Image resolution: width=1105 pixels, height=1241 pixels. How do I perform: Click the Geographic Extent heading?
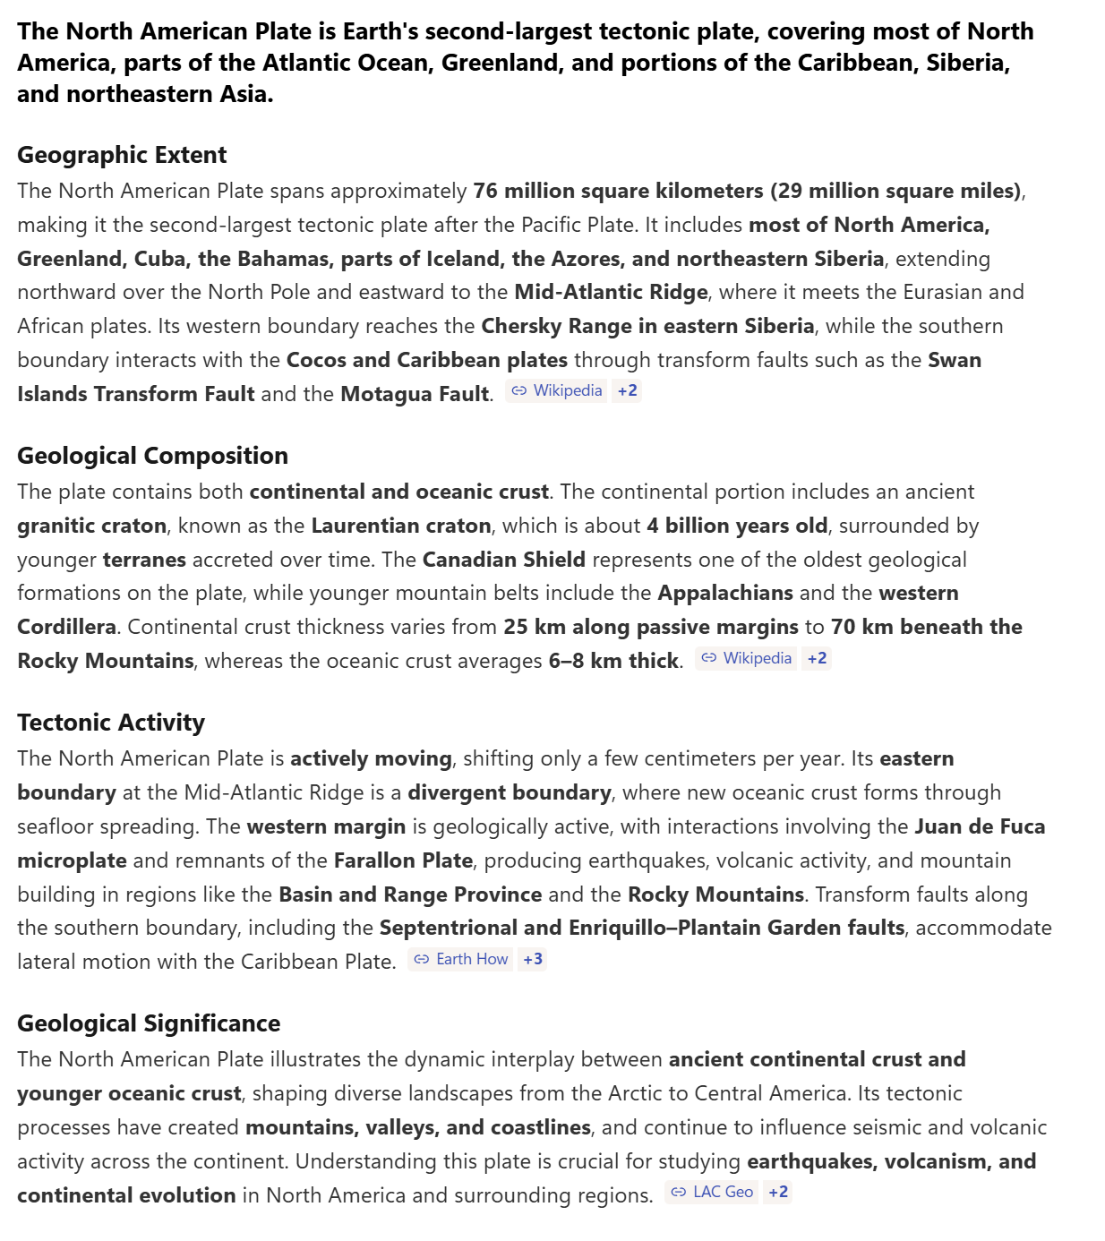tap(122, 155)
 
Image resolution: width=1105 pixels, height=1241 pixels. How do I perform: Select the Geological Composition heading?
tap(152, 456)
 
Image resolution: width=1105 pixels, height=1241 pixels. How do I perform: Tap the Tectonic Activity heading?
tap(111, 723)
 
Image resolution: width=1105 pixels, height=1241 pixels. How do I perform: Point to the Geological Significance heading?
tap(149, 1023)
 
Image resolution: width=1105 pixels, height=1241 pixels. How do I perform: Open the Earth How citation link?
tap(461, 960)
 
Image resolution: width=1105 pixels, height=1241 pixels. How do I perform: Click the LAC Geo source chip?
tap(713, 1193)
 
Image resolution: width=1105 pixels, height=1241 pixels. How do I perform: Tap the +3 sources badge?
tap(533, 960)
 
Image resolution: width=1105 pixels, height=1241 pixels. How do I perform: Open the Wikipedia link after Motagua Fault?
tap(557, 391)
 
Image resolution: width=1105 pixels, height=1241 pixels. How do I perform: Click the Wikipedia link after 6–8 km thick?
tap(747, 659)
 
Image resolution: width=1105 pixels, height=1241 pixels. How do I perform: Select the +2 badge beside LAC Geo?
tap(778, 1193)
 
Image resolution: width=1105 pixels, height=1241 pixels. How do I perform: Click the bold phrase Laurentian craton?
tap(401, 526)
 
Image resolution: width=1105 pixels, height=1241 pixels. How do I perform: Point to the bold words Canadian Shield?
tap(503, 560)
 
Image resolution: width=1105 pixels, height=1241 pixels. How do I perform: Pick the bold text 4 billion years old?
tap(737, 526)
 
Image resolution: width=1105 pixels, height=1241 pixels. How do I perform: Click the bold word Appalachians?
tap(725, 593)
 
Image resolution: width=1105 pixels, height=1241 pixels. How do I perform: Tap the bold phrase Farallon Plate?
tap(403, 860)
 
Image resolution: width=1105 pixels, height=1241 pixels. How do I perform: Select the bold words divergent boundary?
tap(509, 792)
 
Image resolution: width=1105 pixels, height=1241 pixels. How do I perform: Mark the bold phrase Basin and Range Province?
tap(410, 894)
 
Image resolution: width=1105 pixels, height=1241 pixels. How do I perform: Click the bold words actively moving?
tap(371, 758)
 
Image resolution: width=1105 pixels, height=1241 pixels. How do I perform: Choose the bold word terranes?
tap(144, 560)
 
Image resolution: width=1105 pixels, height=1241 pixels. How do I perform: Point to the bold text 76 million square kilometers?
tap(618, 191)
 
